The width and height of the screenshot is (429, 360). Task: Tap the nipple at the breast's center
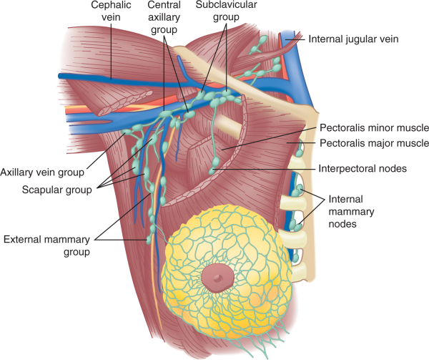tap(215, 276)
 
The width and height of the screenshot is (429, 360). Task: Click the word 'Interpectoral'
tap(346, 169)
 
